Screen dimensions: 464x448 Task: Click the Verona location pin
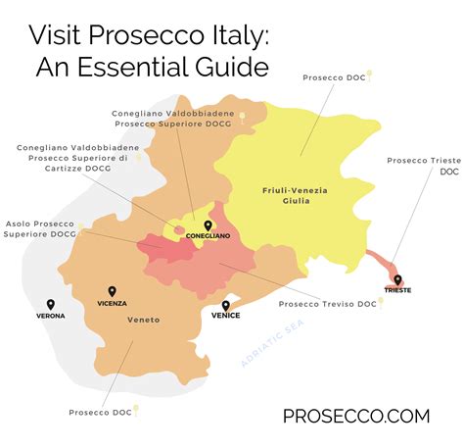point(51,304)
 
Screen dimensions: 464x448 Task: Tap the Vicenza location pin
point(112,291)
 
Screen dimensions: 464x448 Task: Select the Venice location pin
point(226,304)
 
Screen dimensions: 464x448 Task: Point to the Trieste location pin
point(396,279)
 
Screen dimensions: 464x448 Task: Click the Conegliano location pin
point(209,224)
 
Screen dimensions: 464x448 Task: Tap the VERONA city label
point(51,316)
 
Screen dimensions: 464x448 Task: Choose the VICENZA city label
point(112,303)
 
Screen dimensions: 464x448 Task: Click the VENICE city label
point(226,316)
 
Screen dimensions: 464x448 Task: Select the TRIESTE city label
point(397,291)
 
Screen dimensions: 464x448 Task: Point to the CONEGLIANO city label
point(210,235)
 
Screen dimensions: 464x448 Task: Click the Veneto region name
point(143,321)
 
